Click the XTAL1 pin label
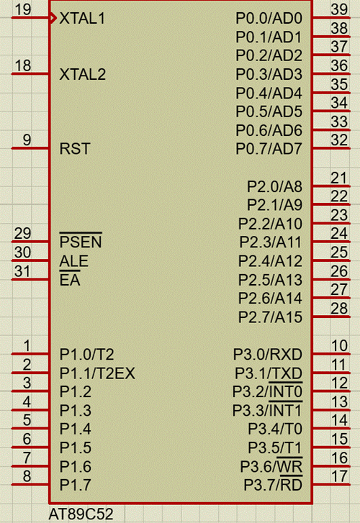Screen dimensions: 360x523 pos(82,19)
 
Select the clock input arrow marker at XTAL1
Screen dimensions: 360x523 pos(53,18)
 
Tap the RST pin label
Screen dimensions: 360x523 pos(75,148)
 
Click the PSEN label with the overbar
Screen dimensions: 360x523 pos(81,241)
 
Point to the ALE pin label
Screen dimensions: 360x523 pos(74,261)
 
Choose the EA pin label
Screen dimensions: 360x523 pos(70,280)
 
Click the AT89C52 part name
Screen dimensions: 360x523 pos(81,514)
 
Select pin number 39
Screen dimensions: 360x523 pos(339,9)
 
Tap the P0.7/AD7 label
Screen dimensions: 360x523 pos(269,149)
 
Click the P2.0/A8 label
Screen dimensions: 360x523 pos(274,186)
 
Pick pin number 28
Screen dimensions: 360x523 pos(339,309)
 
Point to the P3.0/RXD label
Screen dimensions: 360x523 pos(268,355)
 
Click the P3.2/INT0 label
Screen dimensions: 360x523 pos(267,391)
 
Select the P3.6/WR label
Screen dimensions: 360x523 pos(271,466)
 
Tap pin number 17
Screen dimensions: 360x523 pos(339,477)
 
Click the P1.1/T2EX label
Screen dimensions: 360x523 pos(97,373)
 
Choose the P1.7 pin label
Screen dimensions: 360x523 pos(75,485)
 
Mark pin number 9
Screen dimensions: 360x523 pos(27,140)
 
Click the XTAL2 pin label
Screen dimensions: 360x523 pos(83,74)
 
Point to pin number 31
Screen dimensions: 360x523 pos(22,271)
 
